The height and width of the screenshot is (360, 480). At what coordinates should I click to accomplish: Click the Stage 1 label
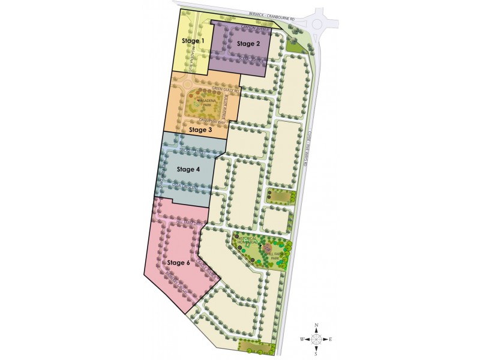[x=193, y=41]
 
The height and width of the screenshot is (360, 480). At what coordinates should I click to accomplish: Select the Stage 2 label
[x=248, y=44]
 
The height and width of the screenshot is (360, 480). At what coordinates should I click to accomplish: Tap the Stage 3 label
[x=200, y=129]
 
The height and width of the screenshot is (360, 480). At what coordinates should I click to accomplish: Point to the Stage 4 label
[x=189, y=169]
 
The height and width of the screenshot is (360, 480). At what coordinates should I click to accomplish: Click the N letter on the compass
[x=316, y=326]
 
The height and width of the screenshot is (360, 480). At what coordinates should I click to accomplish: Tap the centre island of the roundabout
[x=318, y=22]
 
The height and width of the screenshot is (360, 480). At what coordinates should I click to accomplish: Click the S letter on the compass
[x=316, y=353]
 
